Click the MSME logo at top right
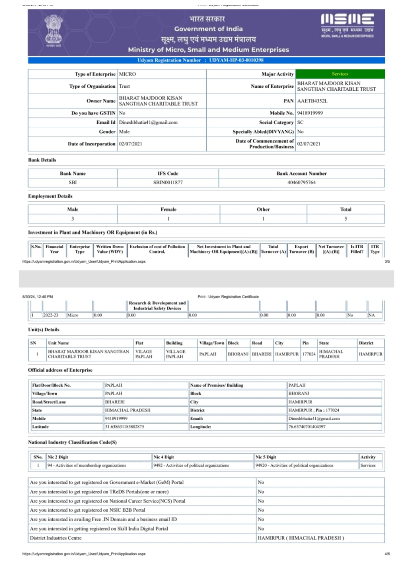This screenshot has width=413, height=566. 347,25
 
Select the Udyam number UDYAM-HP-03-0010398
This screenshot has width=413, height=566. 236,60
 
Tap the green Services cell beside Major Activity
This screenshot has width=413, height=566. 340,74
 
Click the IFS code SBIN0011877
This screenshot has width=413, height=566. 168,183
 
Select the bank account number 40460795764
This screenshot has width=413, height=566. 302,183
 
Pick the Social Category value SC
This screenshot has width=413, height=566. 300,122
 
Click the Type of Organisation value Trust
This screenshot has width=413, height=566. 124,86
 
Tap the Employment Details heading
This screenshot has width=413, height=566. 50,196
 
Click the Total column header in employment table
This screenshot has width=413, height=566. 346,209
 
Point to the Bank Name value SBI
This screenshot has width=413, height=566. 73,183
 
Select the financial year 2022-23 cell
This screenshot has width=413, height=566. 51,315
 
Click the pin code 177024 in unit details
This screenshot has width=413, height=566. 309,354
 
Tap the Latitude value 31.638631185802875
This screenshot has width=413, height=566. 124,427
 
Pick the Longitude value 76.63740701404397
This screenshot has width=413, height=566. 307,427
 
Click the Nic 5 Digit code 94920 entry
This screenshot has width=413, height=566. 294,466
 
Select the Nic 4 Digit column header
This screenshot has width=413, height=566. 164,457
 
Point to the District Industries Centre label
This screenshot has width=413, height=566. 56,538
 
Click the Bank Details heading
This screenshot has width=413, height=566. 42,160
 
